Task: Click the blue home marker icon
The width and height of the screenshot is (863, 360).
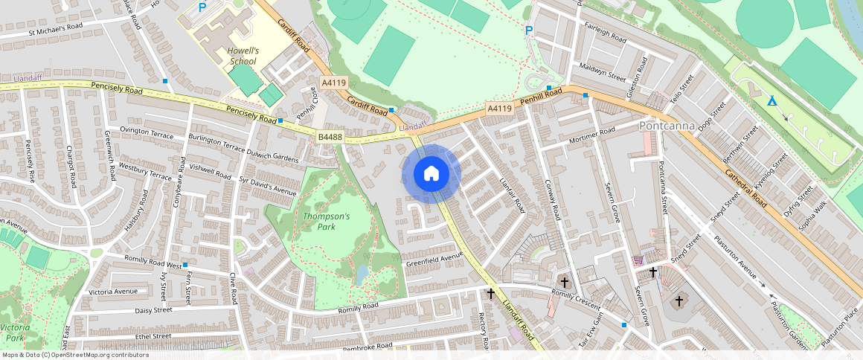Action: pyautogui.click(x=431, y=173)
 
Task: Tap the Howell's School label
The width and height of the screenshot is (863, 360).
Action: pyautogui.click(x=243, y=57)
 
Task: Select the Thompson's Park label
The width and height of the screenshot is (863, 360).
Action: pyautogui.click(x=326, y=221)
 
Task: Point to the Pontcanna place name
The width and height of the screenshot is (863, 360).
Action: pyautogui.click(x=667, y=126)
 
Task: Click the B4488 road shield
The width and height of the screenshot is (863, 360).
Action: pyautogui.click(x=330, y=137)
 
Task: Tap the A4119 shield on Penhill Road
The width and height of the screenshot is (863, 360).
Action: pyautogui.click(x=500, y=109)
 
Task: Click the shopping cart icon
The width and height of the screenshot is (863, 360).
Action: pyautogui.click(x=637, y=260)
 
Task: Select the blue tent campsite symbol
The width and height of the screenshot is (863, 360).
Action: pyautogui.click(x=772, y=102)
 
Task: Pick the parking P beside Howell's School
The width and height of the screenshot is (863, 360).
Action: pyautogui.click(x=202, y=7)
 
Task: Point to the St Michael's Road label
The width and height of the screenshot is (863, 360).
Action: pyautogui.click(x=56, y=28)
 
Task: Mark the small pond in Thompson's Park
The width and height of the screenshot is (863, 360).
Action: pyautogui.click(x=362, y=275)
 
